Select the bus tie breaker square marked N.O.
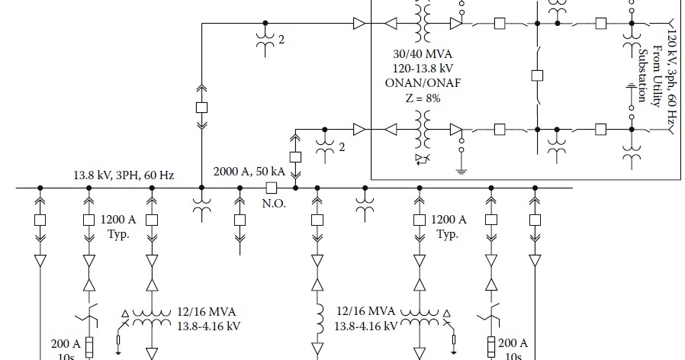click(x=270, y=187)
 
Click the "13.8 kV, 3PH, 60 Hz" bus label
click(x=124, y=175)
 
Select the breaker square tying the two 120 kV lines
click(x=536, y=76)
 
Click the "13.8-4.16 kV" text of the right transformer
click(x=366, y=326)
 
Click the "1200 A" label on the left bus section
click(x=118, y=220)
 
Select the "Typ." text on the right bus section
click(x=447, y=233)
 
